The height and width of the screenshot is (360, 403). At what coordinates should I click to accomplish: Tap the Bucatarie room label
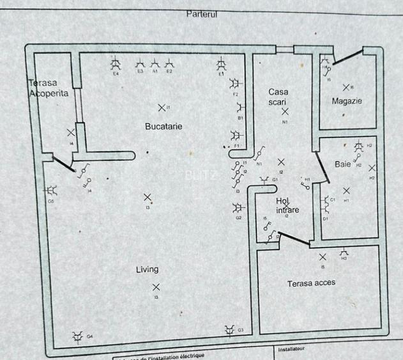tap(163, 127)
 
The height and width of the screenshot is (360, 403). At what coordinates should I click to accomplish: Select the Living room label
tap(147, 269)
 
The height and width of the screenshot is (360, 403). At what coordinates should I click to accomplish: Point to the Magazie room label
tap(347, 101)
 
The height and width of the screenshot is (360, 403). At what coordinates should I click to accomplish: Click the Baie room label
tap(343, 164)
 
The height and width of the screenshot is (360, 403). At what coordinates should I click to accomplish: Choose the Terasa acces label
tap(311, 283)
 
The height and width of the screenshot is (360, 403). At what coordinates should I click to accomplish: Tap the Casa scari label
tap(278, 97)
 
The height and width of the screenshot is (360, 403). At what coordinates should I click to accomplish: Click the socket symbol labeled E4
tap(116, 63)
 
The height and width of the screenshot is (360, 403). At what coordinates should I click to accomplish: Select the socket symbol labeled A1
tap(155, 64)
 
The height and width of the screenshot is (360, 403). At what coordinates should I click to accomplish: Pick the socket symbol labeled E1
tap(221, 64)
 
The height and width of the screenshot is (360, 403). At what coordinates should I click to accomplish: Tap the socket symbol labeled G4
tap(77, 336)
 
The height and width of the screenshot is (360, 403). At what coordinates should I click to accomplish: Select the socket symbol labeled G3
tap(230, 329)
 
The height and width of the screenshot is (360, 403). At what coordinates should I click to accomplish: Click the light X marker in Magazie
tap(346, 87)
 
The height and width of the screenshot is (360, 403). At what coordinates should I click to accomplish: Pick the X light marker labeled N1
tap(285, 112)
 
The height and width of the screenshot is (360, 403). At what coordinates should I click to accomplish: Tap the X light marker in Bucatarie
tap(162, 107)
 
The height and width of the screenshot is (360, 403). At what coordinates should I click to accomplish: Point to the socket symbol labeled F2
tap(236, 84)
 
